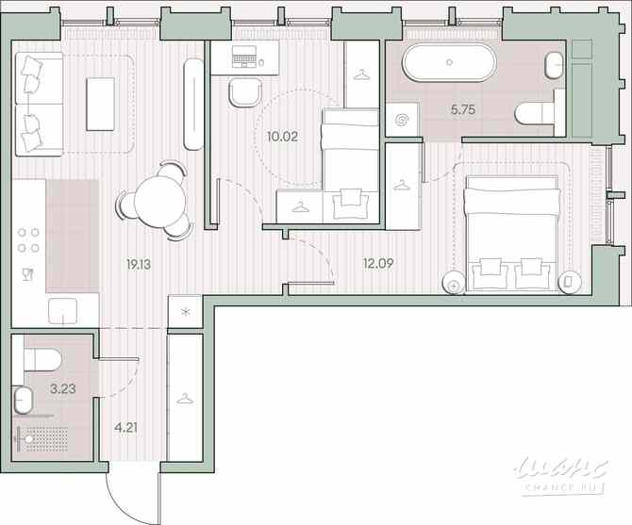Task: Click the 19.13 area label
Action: pyautogui.click(x=139, y=265)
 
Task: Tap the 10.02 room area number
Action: pyautogui.click(x=282, y=137)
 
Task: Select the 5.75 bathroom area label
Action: pyautogui.click(x=463, y=109)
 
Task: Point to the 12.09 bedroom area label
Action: pyautogui.click(x=377, y=264)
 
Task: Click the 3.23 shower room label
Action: pyautogui.click(x=63, y=389)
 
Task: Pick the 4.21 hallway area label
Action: pyautogui.click(x=125, y=428)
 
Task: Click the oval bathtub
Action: pyautogui.click(x=449, y=62)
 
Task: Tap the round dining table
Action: pyautogui.click(x=159, y=201)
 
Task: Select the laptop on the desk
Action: pyautogui.click(x=244, y=56)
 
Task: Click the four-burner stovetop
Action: pyautogui.click(x=28, y=240)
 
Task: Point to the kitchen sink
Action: pyautogui.click(x=63, y=311)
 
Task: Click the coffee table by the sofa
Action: pyautogui.click(x=100, y=104)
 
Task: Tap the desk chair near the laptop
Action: pyautogui.click(x=245, y=92)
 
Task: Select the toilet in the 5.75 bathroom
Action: pyautogui.click(x=535, y=113)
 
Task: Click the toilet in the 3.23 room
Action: pyautogui.click(x=42, y=359)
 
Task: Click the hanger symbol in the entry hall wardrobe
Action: pyautogui.click(x=185, y=399)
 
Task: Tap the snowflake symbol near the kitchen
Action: pyautogui.click(x=186, y=312)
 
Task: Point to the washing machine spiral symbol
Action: pyautogui.click(x=402, y=120)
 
